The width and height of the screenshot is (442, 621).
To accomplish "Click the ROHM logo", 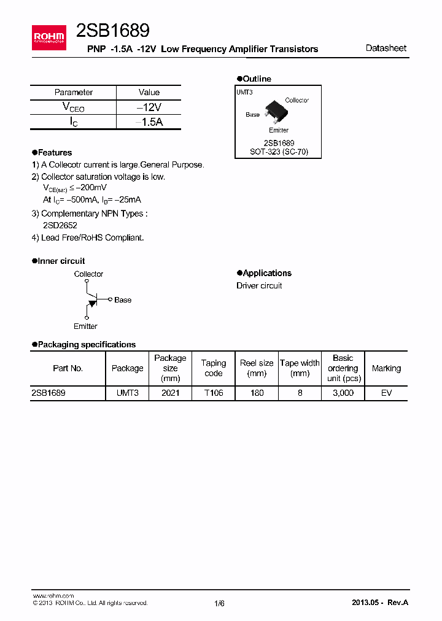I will [49, 37].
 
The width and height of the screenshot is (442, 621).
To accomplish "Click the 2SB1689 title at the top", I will [112, 31].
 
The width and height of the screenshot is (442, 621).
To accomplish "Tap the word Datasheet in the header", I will [386, 48].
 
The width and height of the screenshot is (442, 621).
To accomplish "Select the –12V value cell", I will [149, 107].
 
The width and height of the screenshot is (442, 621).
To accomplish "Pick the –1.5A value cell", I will [149, 122].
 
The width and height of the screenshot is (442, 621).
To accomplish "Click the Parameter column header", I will [74, 93].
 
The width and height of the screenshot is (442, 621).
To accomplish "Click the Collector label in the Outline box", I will [297, 100].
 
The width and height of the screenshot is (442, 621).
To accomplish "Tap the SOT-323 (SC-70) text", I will [279, 151].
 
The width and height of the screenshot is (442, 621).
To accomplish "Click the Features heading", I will [55, 153].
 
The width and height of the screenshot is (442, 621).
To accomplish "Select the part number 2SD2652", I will [60, 225].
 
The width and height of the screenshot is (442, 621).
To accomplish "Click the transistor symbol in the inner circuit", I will [92, 300].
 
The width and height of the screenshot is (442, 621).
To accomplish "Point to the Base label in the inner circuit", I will [123, 300].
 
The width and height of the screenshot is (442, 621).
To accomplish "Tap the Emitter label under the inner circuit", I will [85, 326].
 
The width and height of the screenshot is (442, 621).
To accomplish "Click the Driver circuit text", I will [259, 286].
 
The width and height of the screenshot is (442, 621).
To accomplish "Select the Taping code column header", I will [214, 368].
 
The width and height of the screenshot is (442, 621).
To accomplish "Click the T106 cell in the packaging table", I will [214, 393].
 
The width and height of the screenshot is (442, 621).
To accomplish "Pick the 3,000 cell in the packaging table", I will [343, 393].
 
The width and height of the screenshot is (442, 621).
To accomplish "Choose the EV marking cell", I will [386, 393].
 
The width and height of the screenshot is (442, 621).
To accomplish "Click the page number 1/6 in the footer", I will [220, 603].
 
